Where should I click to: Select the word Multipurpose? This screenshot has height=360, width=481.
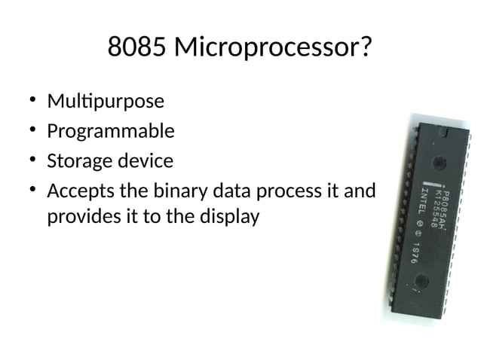[x=106, y=101]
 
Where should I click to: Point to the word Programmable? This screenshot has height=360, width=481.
[x=111, y=132]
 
